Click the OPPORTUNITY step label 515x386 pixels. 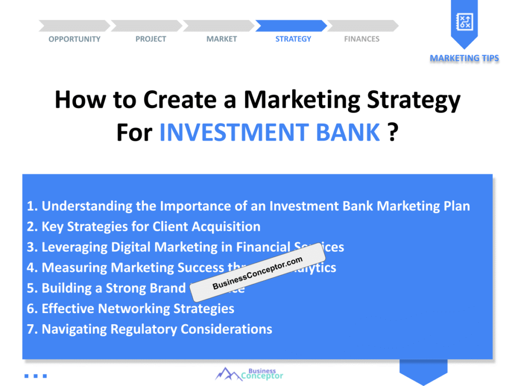tap(74, 39)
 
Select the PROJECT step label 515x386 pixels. tap(150, 39)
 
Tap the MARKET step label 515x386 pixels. tap(221, 39)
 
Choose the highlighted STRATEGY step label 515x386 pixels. tap(293, 39)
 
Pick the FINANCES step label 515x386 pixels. tap(362, 39)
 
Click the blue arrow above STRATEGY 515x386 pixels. tap(291, 26)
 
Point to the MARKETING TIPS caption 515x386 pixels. tap(464, 58)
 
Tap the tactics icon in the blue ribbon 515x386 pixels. tap(464, 21)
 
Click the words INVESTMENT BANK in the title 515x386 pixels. tap(270, 132)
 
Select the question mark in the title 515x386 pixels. tap(393, 132)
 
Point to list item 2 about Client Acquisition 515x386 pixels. tap(144, 227)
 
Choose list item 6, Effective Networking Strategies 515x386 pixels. tap(131, 309)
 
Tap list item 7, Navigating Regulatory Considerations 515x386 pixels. tap(150, 329)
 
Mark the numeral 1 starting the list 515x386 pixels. tap(30, 206)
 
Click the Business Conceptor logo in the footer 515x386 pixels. tap(249, 374)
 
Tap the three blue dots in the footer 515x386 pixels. tap(36, 375)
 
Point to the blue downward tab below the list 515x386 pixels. tap(423, 371)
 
